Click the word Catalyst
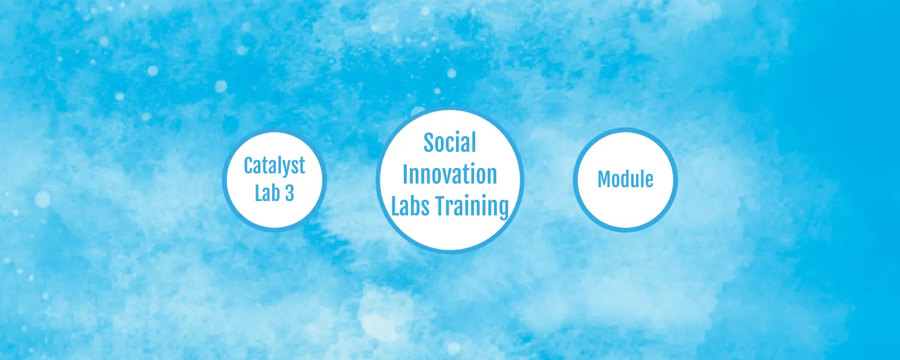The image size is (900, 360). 274,166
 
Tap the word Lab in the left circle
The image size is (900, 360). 267,193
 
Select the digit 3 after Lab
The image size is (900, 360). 289,193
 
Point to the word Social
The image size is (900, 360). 450,142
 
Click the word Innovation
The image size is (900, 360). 450,174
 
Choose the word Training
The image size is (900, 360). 473,207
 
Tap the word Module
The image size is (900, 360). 625,179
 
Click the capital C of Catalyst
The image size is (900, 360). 249,166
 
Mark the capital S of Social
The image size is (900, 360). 429,143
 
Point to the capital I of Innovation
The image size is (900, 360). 406,174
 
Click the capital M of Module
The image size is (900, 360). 604,179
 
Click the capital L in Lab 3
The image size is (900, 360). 259,193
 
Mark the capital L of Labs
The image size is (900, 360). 396,205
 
